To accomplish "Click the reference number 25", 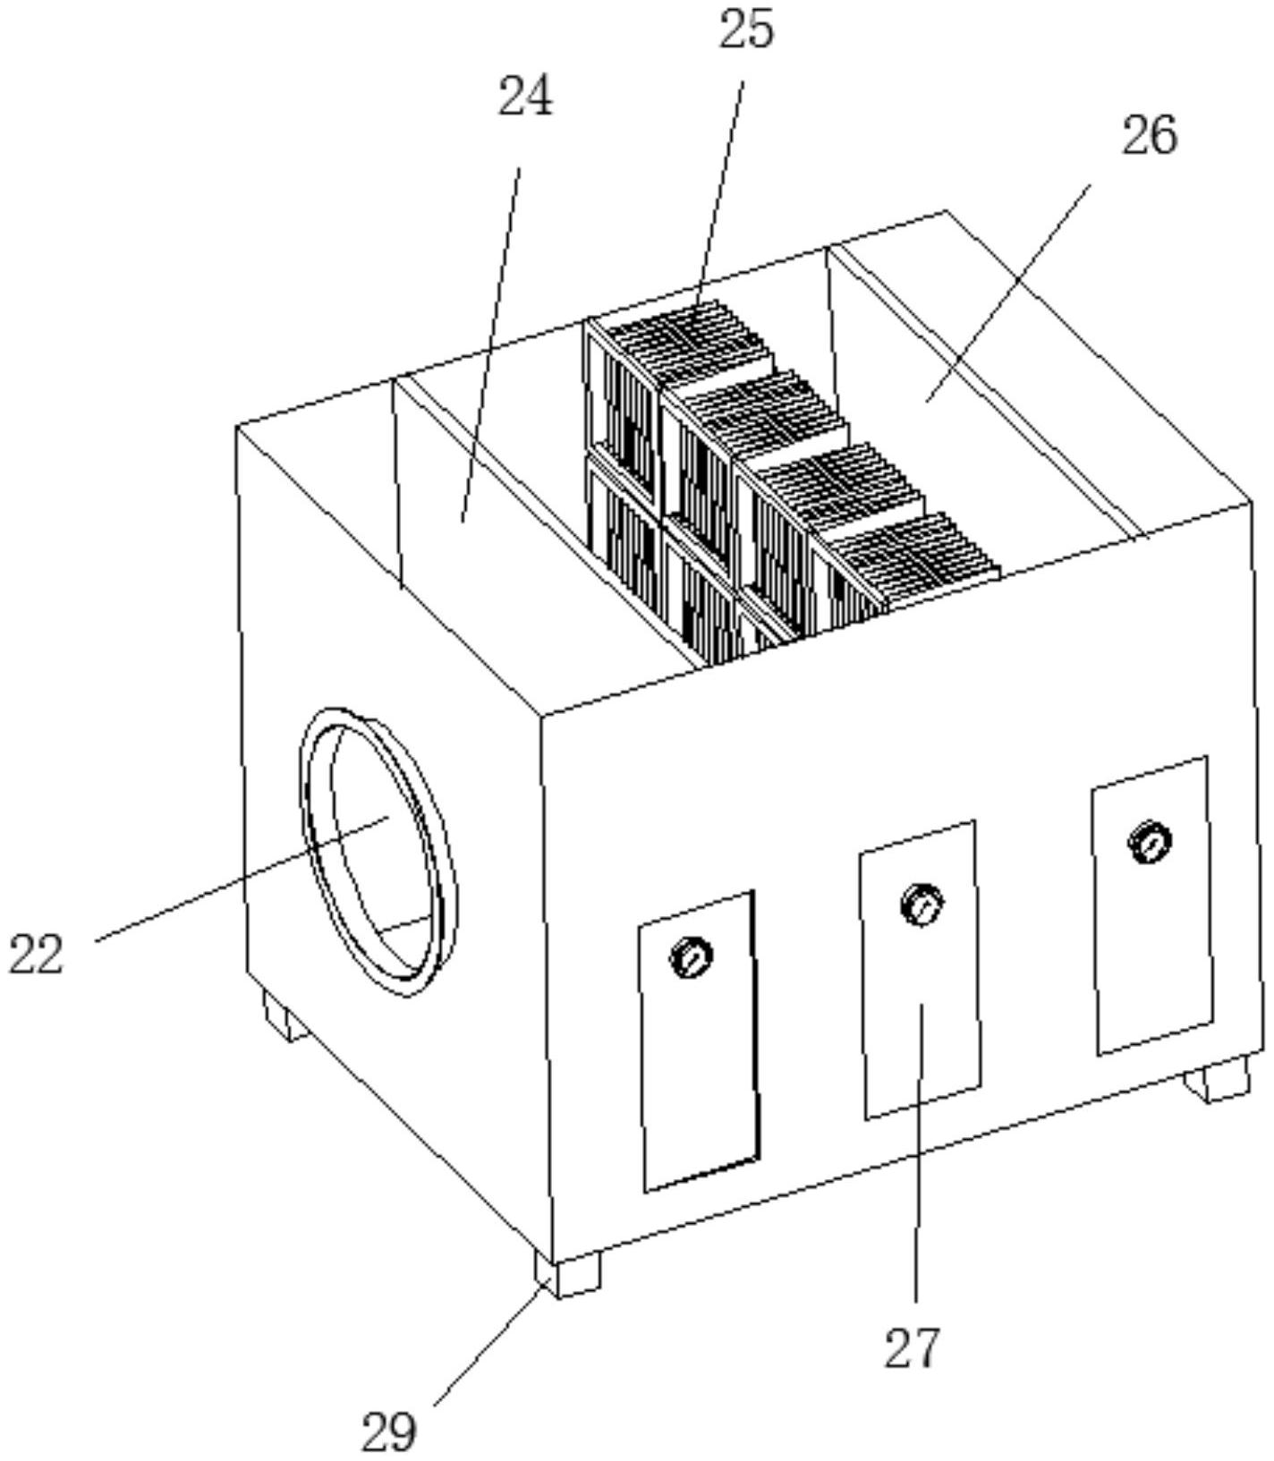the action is coord(746,30).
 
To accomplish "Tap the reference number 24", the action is coord(525,97).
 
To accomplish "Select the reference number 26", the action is coord(1150,136).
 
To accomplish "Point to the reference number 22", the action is coord(37,953).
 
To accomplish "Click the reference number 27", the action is coord(913,1348).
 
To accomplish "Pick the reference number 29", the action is coord(389,1431).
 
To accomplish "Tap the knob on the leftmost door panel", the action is coord(692,958).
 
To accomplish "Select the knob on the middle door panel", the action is coord(922,905).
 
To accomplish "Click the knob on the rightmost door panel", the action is coord(1151,842).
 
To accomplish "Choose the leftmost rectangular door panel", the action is coord(700,1041).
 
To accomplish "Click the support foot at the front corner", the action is coord(567,1274).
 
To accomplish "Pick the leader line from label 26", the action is coord(1008,293).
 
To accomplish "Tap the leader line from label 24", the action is coord(490,343).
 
